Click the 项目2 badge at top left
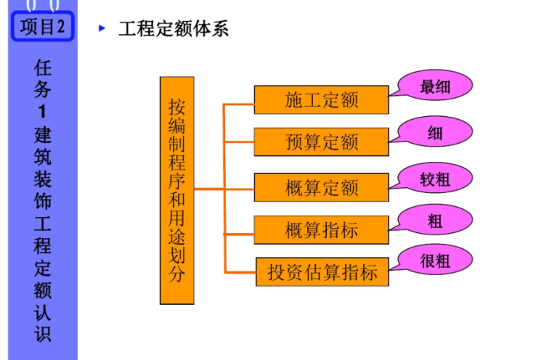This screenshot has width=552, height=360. (x=42, y=27)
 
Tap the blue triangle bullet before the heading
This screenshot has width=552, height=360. (x=102, y=29)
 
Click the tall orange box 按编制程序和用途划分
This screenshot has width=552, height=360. (x=176, y=190)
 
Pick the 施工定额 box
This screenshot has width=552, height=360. (x=321, y=100)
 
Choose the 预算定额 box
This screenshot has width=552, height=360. (x=321, y=142)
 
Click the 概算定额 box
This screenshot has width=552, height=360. (x=321, y=187)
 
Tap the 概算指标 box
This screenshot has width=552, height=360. (x=321, y=230)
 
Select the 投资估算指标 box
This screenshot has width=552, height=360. (x=322, y=273)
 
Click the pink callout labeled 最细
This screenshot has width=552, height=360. (x=435, y=88)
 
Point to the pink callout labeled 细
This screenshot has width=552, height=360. (x=435, y=133)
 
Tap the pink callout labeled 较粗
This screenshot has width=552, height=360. (x=435, y=179)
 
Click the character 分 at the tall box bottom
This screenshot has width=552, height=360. (x=176, y=274)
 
